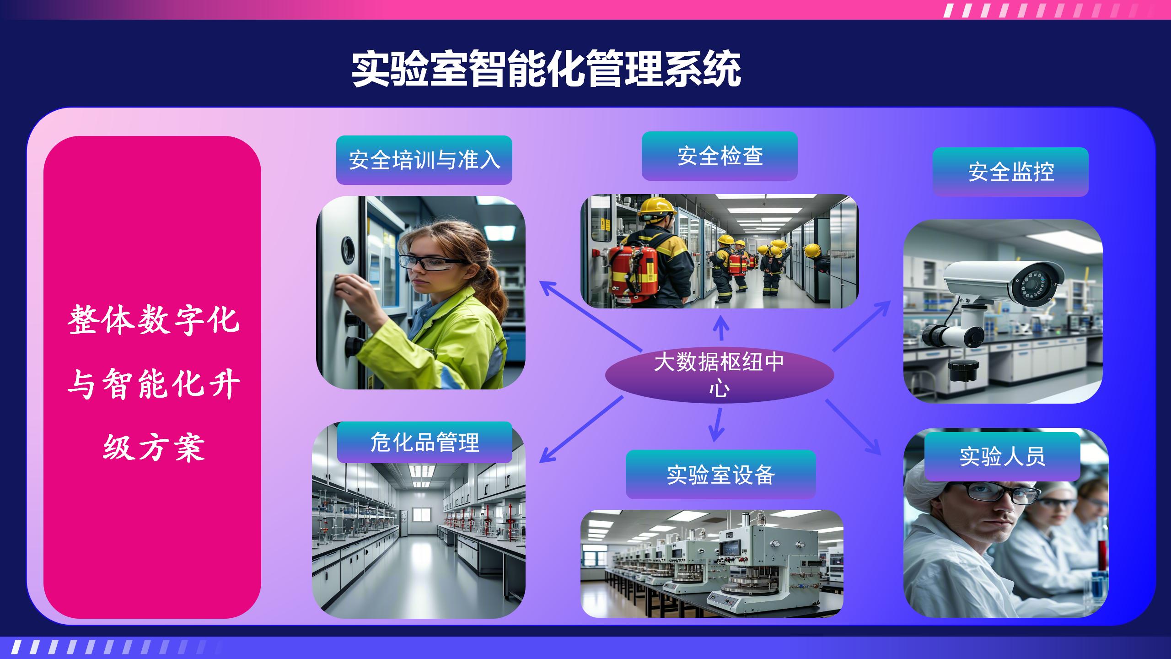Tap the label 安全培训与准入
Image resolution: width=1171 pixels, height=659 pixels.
click(x=424, y=160)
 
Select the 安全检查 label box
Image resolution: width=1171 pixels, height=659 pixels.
click(x=720, y=156)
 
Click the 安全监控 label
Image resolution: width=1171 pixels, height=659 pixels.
click(x=1010, y=172)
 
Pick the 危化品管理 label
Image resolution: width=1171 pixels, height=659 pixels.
click(x=424, y=442)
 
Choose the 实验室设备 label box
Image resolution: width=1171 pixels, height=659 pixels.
click(x=720, y=475)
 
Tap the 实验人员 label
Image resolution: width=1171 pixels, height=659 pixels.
click(x=1002, y=456)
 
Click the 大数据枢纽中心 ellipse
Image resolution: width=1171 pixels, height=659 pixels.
click(x=720, y=375)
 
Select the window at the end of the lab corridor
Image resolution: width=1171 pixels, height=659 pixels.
click(x=422, y=514)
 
